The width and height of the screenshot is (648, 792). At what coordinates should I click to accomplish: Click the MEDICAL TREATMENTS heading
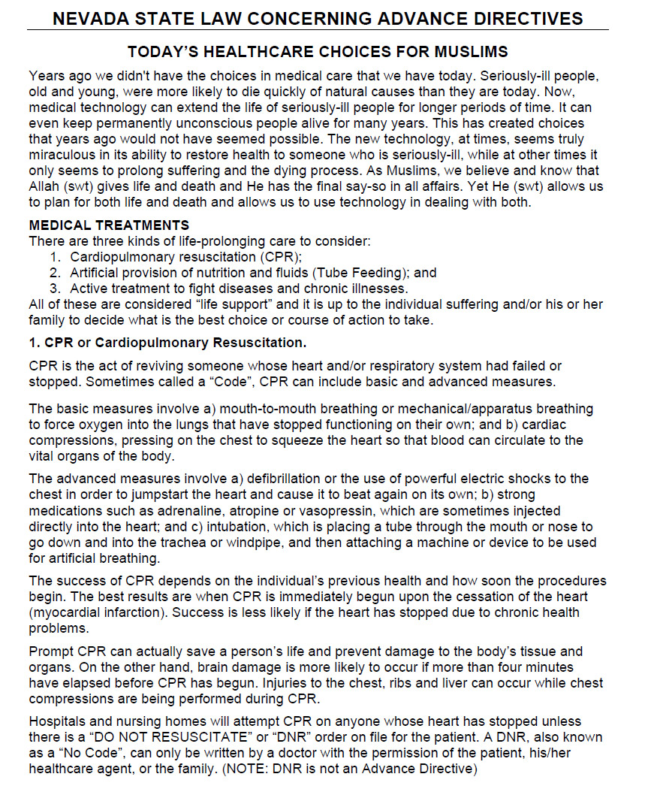click(109, 225)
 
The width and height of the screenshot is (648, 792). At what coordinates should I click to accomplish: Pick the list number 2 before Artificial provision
click(55, 273)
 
